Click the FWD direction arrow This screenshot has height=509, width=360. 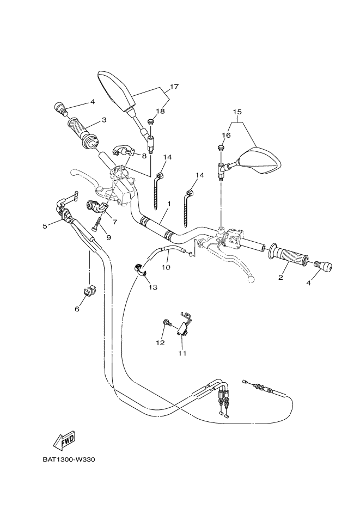65,439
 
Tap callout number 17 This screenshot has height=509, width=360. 174,87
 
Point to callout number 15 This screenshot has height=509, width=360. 237,112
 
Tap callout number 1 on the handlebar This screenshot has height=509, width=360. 169,203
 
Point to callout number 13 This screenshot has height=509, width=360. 152,287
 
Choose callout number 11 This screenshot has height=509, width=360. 182,353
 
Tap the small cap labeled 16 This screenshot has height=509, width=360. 222,148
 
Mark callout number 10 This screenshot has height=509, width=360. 166,267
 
